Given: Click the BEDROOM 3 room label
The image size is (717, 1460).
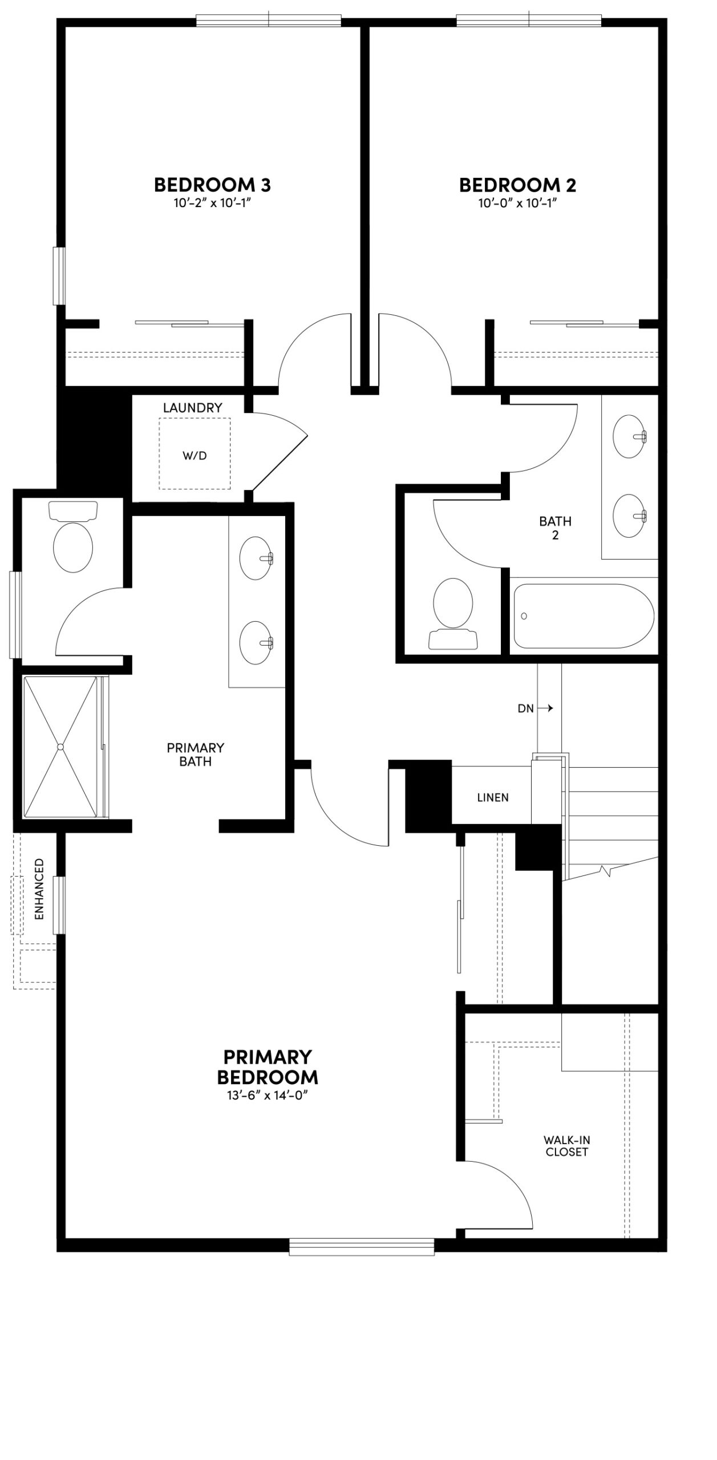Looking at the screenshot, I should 212,185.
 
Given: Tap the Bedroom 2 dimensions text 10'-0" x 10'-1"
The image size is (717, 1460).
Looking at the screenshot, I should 517,204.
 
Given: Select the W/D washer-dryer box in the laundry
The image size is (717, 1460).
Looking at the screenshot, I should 195,454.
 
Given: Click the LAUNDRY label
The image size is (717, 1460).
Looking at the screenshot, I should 192,408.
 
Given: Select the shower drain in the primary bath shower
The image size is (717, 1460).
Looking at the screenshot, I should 61,747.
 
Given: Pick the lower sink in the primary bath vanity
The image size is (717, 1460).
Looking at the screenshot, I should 256,643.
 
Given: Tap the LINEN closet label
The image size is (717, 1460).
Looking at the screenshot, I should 493,797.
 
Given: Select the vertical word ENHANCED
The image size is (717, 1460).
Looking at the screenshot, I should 39,889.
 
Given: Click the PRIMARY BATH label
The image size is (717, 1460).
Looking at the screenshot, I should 195,754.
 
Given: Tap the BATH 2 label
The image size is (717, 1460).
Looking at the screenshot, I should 555,528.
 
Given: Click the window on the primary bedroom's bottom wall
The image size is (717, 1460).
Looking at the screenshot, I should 362,1247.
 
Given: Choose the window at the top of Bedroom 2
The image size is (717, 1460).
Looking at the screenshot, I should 529,21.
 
